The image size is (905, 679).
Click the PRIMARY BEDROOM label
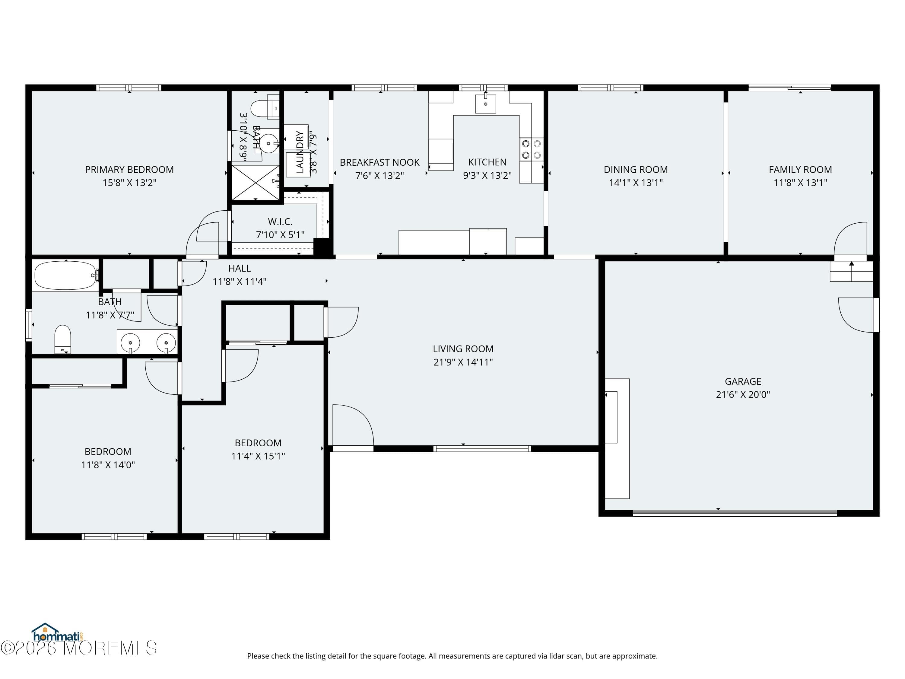129,169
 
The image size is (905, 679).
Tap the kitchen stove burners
531,149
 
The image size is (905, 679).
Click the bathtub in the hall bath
65,276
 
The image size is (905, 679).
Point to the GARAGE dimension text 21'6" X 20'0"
743,394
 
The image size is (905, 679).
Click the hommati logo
57,633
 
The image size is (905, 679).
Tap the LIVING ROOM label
463,349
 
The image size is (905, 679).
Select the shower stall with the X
255,183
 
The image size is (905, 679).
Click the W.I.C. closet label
280,222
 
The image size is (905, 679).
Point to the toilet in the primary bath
260,108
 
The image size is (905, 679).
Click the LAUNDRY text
300,151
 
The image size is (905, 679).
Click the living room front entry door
352,426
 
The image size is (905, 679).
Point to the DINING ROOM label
635,169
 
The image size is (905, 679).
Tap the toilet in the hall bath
63,338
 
